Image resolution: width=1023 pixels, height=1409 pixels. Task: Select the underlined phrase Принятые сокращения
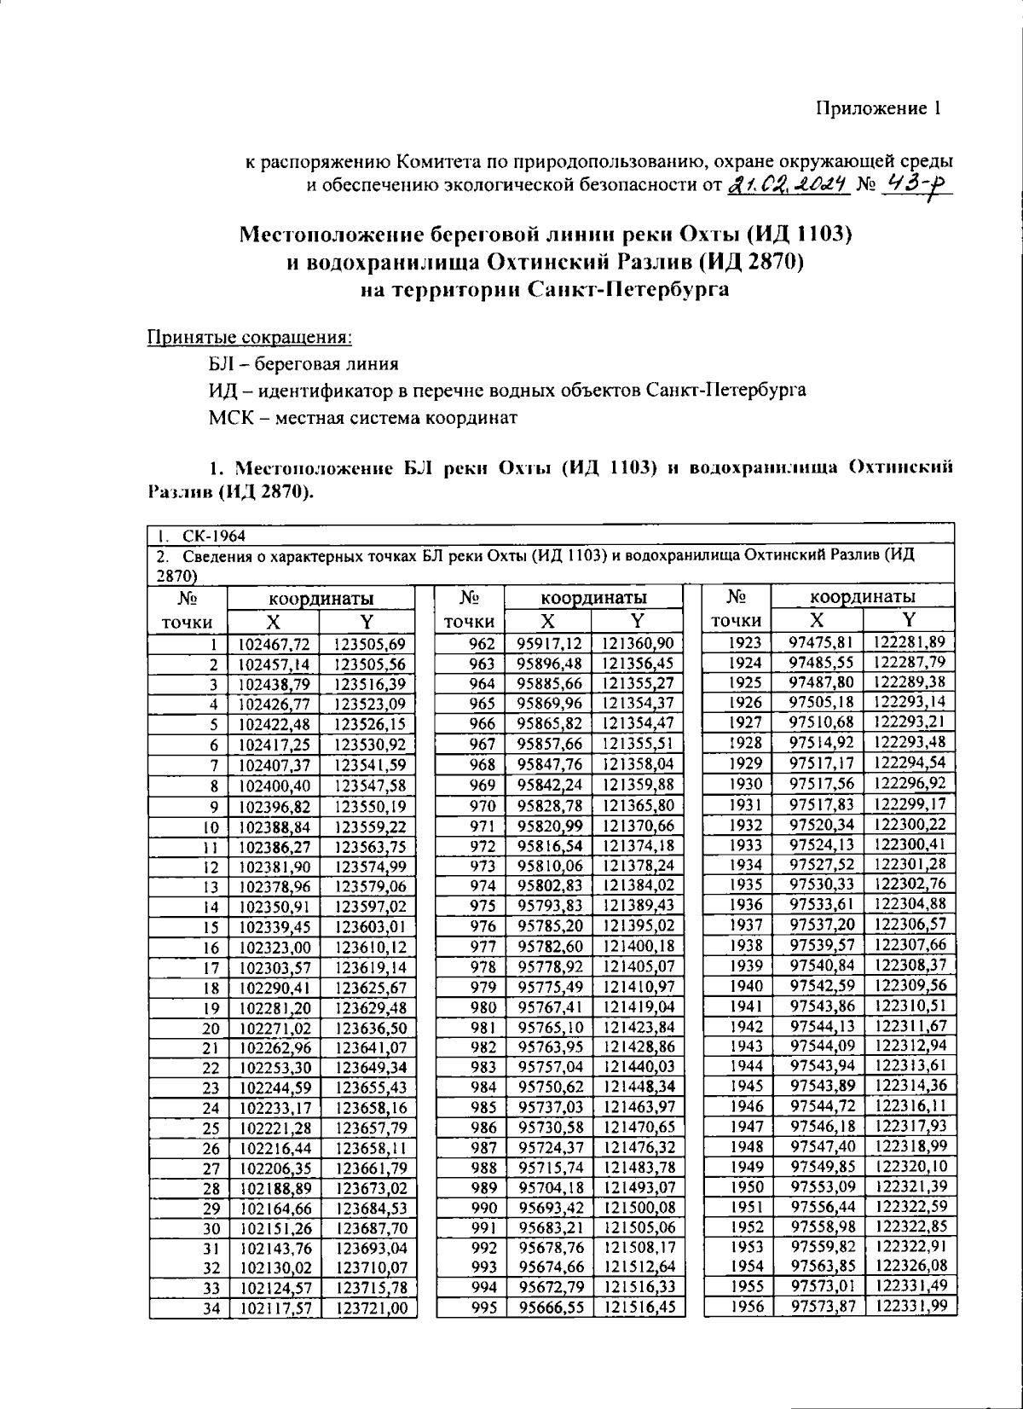click(x=251, y=337)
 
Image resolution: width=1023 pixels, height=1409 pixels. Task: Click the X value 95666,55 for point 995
click(x=551, y=1308)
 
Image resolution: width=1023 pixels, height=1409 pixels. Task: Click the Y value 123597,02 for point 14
click(x=369, y=907)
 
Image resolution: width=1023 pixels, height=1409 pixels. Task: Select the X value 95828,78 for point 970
click(x=551, y=805)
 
